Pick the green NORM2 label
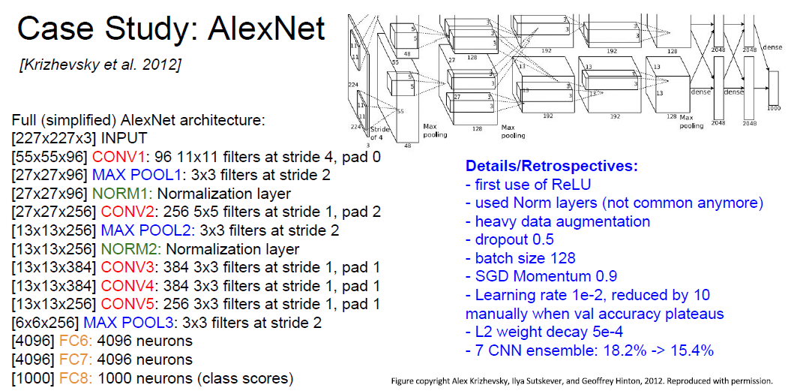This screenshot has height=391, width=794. (134, 249)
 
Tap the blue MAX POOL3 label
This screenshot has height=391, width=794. (129, 323)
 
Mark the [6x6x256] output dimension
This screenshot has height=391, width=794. (44, 323)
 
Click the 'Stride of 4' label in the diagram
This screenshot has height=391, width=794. (381, 132)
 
